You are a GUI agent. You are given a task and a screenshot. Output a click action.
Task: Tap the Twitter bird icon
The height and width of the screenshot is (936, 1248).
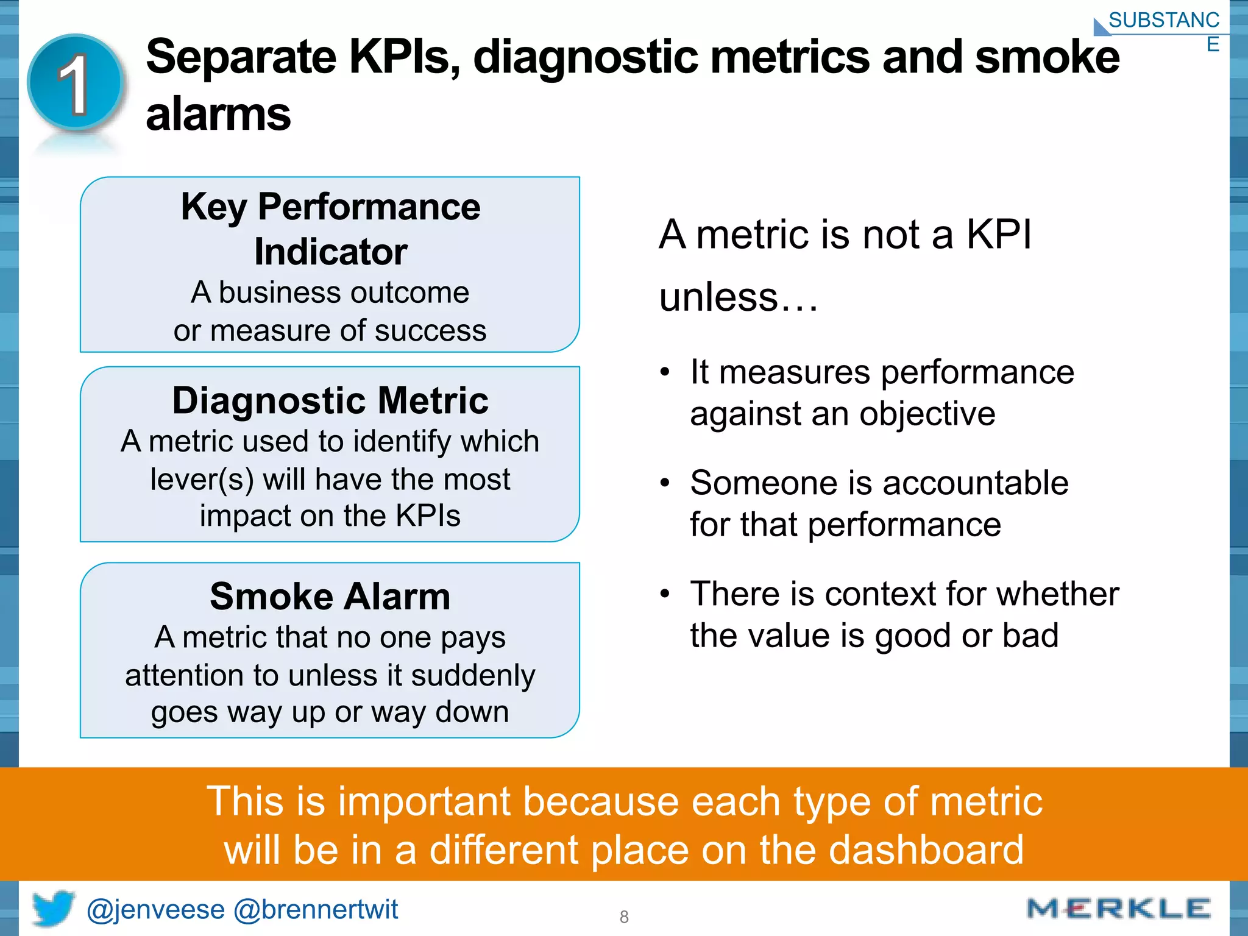(x=53, y=908)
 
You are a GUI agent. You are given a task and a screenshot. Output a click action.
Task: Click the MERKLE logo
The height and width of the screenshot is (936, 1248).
(x=1118, y=909)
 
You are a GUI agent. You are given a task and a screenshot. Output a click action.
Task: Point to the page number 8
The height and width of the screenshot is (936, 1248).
(x=624, y=916)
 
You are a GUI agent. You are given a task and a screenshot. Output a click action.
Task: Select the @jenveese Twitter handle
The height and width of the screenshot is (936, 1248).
(x=156, y=910)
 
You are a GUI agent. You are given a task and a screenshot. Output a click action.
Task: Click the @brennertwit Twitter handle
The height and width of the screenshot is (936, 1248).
(x=316, y=910)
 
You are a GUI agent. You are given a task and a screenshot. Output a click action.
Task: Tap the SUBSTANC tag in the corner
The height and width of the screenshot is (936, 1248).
(x=1163, y=21)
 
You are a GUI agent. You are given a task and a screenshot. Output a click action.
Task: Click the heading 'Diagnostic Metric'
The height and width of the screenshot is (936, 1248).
(x=330, y=401)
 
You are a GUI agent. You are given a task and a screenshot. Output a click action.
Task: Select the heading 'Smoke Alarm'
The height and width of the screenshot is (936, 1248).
(x=330, y=597)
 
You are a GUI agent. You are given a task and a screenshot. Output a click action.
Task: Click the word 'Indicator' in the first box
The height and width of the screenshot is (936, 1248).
(x=330, y=252)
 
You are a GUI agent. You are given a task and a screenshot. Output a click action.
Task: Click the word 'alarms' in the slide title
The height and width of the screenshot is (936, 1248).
(x=218, y=114)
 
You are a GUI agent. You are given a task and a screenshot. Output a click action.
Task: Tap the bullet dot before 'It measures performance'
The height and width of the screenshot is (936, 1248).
(x=665, y=372)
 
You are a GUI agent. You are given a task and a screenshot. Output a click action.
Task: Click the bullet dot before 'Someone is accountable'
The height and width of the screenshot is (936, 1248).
(x=665, y=483)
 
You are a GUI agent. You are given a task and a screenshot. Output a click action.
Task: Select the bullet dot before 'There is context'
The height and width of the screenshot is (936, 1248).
(x=665, y=594)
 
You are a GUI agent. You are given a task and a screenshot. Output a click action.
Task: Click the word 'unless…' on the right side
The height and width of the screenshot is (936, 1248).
(x=739, y=297)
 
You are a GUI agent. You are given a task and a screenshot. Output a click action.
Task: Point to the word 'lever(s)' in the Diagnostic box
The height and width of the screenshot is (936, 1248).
(x=202, y=479)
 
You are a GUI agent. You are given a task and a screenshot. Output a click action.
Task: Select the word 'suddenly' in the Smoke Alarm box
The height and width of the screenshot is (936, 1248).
(x=473, y=675)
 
